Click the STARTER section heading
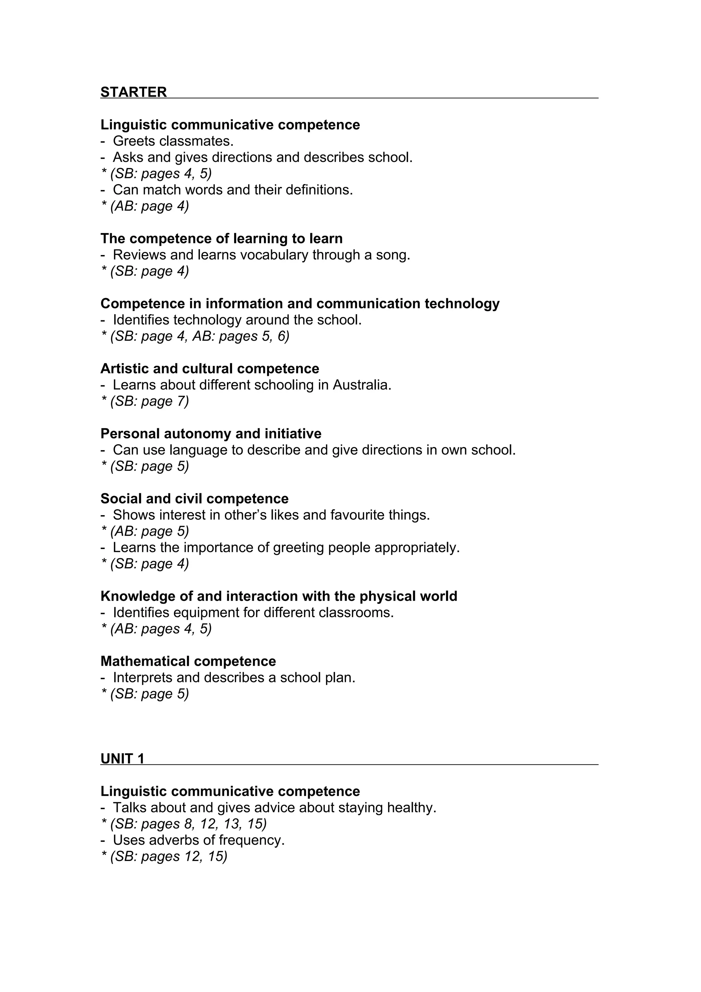coord(133,92)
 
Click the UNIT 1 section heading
coord(122,759)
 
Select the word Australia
coord(361,385)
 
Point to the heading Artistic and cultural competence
coord(210,369)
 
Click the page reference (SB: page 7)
coord(150,402)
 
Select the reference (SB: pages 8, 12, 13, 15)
coord(188,824)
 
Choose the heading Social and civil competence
coord(194,499)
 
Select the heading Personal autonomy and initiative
coord(211,433)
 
